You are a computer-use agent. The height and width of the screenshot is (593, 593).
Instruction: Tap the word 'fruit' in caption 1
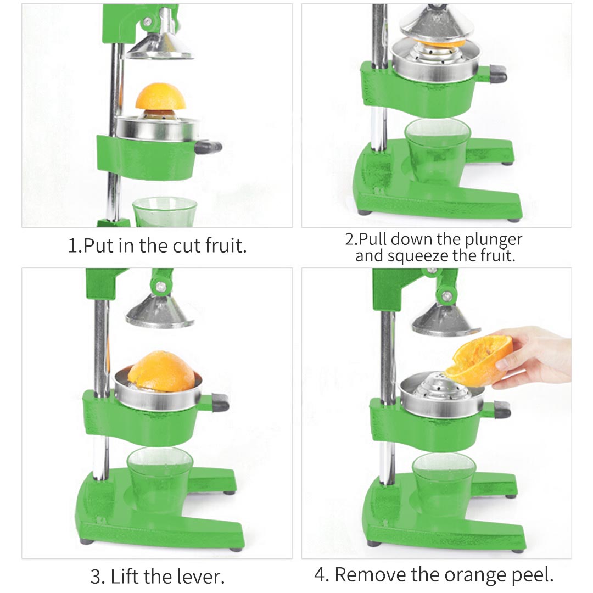point(226,245)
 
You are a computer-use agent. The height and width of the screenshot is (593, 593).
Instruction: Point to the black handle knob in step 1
point(209,147)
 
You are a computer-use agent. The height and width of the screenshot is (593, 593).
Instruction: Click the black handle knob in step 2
point(498,73)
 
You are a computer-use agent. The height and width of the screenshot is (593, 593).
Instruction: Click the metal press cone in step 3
point(159,314)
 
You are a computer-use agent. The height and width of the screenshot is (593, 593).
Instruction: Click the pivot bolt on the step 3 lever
point(160,286)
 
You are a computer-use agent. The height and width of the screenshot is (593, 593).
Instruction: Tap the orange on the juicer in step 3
point(161,372)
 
